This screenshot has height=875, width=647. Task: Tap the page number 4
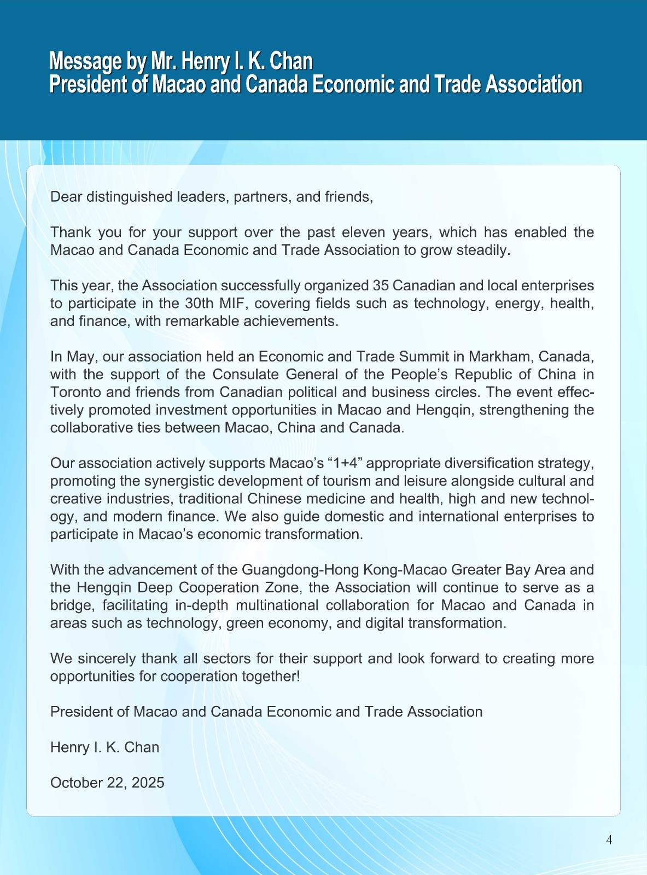tap(609, 840)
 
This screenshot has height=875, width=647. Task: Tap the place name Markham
tap(503, 357)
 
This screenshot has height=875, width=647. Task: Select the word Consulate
tap(246, 375)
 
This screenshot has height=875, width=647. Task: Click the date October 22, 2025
tap(107, 783)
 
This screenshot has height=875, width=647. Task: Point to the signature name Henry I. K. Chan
tap(104, 748)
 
